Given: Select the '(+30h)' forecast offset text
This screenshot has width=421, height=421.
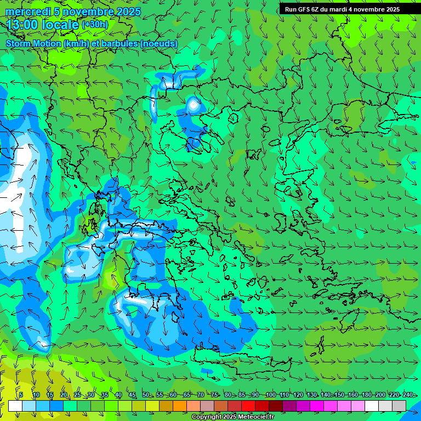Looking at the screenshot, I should [x=95, y=25].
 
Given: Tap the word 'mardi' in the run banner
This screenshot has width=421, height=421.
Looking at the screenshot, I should [x=343, y=9].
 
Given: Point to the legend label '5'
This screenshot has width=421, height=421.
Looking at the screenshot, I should [x=20, y=395].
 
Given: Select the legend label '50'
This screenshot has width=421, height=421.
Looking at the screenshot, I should [x=146, y=395].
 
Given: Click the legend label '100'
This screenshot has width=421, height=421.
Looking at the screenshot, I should [x=270, y=395].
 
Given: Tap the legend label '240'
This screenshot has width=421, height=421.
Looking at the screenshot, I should [x=408, y=395].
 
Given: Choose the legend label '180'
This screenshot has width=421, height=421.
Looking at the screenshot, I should [x=367, y=395].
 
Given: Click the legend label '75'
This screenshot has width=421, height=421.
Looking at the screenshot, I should [x=214, y=395].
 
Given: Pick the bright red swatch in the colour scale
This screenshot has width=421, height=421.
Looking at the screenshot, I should [x=248, y=406].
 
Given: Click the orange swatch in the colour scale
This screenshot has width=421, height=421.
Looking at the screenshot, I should [x=180, y=406].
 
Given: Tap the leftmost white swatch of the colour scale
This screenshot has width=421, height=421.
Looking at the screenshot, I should [x=15, y=406].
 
